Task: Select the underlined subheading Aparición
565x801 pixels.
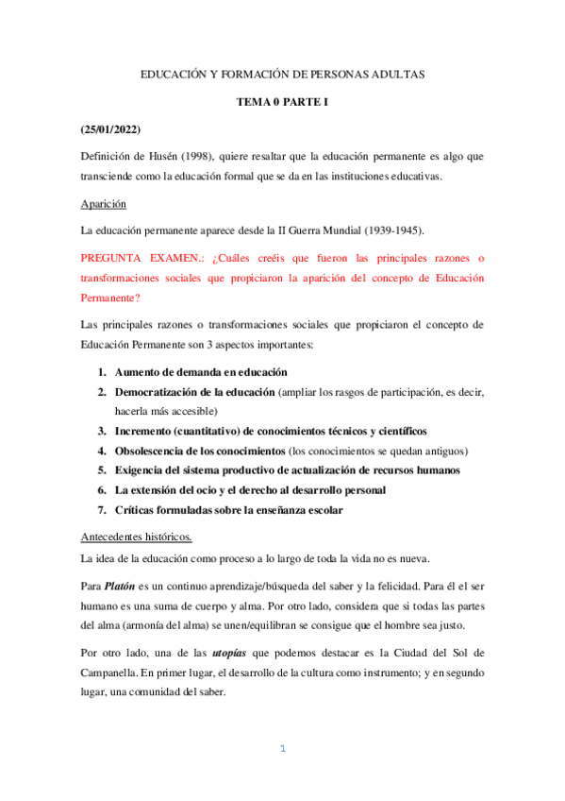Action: tap(103, 203)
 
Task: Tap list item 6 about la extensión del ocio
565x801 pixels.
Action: tap(250, 490)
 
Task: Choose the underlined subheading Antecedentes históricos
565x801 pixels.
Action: tap(137, 537)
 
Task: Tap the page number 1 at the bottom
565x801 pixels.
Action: tap(282, 749)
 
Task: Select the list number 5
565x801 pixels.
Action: tap(103, 470)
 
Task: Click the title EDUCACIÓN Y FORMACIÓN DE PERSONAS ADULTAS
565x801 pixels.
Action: tap(282, 73)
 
